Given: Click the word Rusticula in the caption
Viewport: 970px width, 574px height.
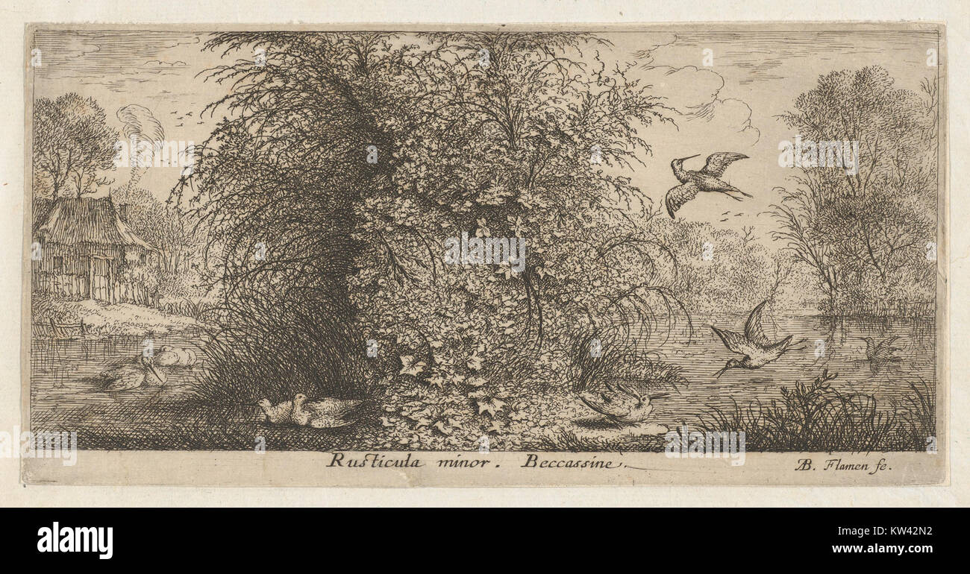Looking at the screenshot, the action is pos(374,461).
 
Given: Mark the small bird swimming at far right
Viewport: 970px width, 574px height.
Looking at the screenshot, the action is pos(880,349).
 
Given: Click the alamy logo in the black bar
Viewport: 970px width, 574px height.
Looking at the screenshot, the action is pos(75,540).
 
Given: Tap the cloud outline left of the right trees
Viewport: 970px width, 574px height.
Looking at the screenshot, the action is pos(701,93).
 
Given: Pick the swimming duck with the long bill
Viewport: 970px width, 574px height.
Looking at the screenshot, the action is pos(134,374).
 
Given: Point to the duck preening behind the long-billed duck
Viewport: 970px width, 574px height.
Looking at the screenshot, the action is pos(176,356).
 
